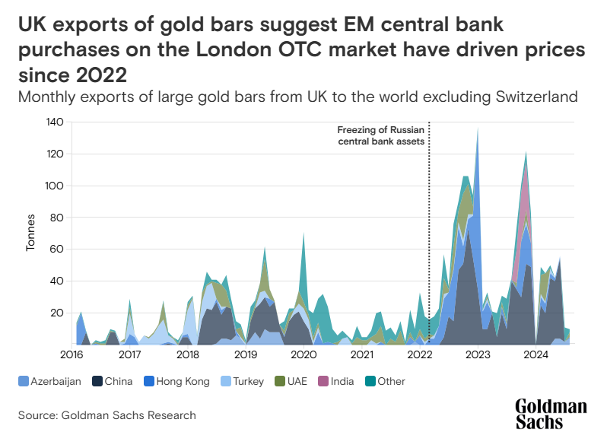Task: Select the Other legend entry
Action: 390,381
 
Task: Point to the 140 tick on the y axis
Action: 54,122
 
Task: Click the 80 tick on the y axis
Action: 56,218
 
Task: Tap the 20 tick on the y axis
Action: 56,313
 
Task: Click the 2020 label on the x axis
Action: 303,354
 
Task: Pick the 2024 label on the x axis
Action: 536,354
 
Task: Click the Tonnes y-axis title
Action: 31,233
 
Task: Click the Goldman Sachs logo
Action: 551,414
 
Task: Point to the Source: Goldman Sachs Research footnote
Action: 107,415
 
